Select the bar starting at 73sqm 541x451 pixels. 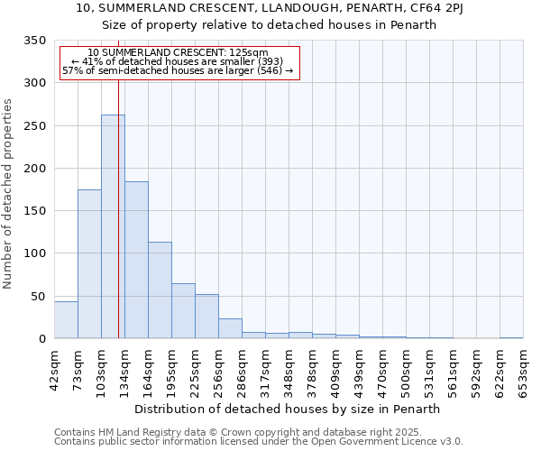[89, 263]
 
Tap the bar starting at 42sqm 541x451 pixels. [66, 320]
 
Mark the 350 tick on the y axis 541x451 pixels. [34, 41]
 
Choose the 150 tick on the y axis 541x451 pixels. [34, 211]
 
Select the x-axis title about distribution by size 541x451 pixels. [289, 409]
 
